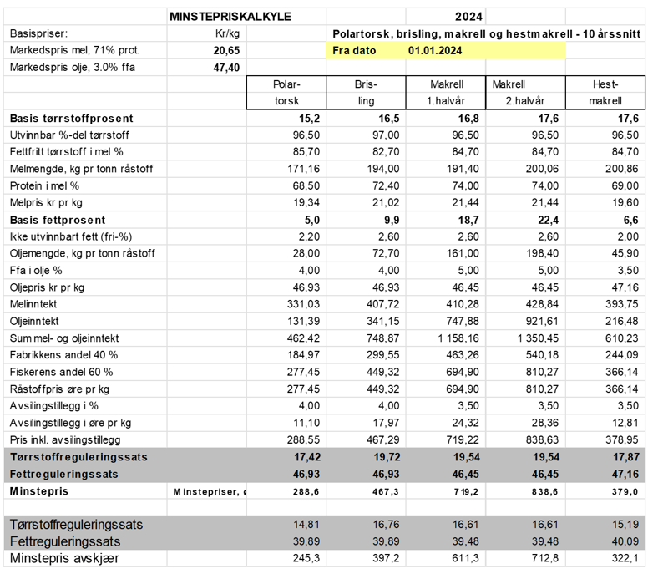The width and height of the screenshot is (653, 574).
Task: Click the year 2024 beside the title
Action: click(469, 17)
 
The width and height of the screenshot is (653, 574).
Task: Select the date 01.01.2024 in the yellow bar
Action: click(435, 50)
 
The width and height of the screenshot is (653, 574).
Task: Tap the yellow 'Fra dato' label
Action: click(354, 50)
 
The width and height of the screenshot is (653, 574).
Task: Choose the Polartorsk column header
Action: click(286, 93)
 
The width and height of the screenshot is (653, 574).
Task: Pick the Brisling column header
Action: click(366, 93)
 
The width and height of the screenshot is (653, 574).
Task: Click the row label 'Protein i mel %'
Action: click(44, 185)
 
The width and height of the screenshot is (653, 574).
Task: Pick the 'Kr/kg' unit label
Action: click(227, 33)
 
